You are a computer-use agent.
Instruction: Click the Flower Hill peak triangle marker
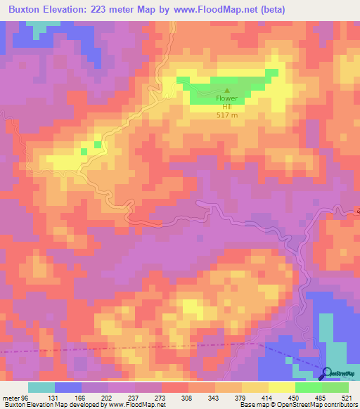click(226, 90)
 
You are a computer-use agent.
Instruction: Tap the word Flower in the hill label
click(227, 98)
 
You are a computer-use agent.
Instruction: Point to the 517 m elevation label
click(227, 115)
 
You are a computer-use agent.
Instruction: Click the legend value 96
click(26, 397)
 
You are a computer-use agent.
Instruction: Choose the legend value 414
click(271, 397)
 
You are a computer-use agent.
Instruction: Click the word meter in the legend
click(11, 397)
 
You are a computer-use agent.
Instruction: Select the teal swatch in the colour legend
click(41, 387)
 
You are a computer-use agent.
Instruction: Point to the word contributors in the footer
click(341, 405)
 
